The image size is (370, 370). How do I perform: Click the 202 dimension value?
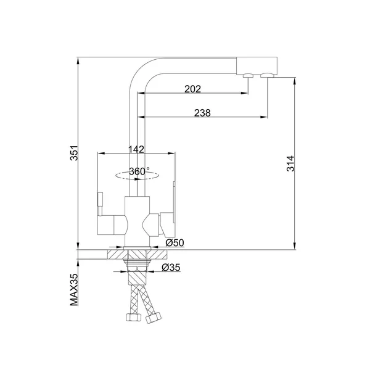coord(192,89)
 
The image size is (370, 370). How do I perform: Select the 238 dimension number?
coord(202,113)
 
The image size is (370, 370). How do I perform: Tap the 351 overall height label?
coord(74,153)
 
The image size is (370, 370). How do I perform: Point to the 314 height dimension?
coord(290,163)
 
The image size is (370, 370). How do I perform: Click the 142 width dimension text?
coord(136,149)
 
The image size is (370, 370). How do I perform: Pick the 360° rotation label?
coord(139,171)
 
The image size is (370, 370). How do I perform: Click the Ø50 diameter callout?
coord(175,242)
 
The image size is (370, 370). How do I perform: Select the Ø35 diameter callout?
coord(171,268)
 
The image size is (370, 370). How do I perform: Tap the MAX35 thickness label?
coord(74,290)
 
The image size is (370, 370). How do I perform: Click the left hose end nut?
coord(134,317)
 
